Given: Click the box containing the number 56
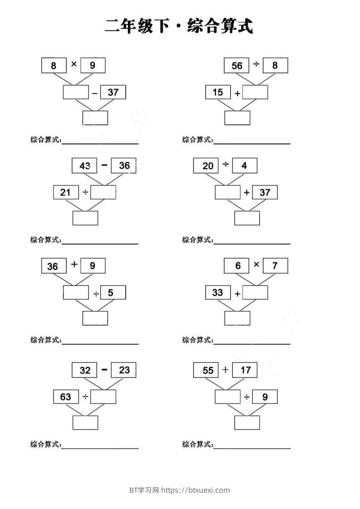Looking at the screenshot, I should [237, 65].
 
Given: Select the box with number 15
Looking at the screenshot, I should [218, 93].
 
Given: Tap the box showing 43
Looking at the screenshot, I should [84, 166].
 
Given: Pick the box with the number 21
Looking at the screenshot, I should [66, 192].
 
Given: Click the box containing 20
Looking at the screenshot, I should [208, 166].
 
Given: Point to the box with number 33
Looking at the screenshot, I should [218, 293].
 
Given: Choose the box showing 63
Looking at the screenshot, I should [66, 397].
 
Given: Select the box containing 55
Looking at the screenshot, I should [208, 370].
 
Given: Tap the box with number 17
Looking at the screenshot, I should [245, 370].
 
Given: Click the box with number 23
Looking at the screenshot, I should [124, 370].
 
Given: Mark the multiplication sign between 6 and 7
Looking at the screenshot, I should [256, 264].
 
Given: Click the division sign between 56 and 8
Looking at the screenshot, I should [256, 65].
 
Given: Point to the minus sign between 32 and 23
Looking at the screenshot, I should [104, 370].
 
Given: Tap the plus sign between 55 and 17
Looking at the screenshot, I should [226, 370].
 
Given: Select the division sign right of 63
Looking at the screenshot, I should [85, 397].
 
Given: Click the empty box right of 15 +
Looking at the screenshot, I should [255, 93].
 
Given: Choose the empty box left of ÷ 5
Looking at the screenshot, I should [76, 293].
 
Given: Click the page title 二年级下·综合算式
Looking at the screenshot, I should [179, 26].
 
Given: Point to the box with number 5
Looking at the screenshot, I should [113, 293].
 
